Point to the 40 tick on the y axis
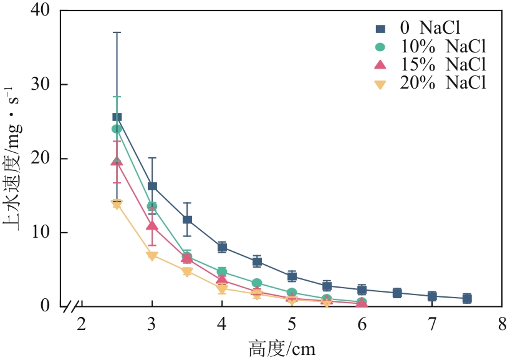pyautogui.click(x=51, y=11)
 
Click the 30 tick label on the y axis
pyautogui.click(x=51, y=84)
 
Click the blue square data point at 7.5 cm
pyautogui.click(x=466, y=298)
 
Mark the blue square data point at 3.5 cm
pyautogui.click(x=187, y=220)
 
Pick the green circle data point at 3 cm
pyautogui.click(x=152, y=206)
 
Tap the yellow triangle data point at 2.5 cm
pyautogui.click(x=117, y=203)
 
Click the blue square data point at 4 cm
pyautogui.click(x=222, y=247)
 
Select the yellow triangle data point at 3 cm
pyautogui.click(x=152, y=256)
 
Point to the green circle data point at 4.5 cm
pyautogui.click(x=257, y=283)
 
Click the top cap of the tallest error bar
pyautogui.click(x=117, y=32)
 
